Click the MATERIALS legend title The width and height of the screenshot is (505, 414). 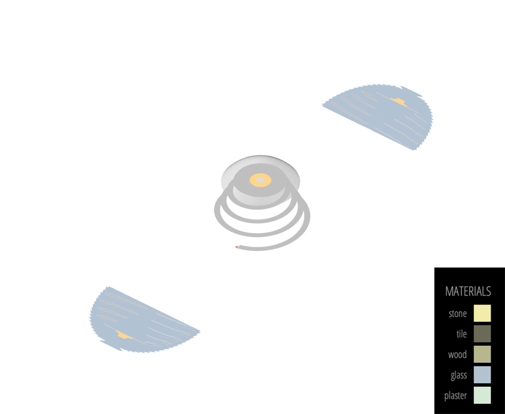pyautogui.click(x=468, y=291)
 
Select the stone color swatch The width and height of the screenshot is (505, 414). pyautogui.click(x=482, y=314)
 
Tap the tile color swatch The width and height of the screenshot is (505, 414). pyautogui.click(x=482, y=334)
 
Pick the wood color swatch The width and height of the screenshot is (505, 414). pyautogui.click(x=482, y=354)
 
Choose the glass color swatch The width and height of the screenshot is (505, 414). pyautogui.click(x=482, y=375)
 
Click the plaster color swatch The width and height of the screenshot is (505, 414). pyautogui.click(x=482, y=395)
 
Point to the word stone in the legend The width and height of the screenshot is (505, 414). pyautogui.click(x=458, y=314)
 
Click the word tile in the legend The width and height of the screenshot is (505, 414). pyautogui.click(x=461, y=334)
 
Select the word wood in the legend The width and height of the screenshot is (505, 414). pyautogui.click(x=458, y=355)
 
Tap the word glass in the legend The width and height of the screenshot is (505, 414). pyautogui.click(x=458, y=375)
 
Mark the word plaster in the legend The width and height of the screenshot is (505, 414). pyautogui.click(x=455, y=396)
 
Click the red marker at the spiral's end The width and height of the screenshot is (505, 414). pyautogui.click(x=235, y=244)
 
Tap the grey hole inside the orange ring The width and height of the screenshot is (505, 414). pyautogui.click(x=260, y=180)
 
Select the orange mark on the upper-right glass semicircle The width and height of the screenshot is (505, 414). pyautogui.click(x=398, y=101)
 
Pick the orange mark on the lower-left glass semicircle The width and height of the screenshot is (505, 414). pyautogui.click(x=124, y=334)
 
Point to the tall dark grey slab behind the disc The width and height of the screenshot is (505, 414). pyautogui.click(x=259, y=148)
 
